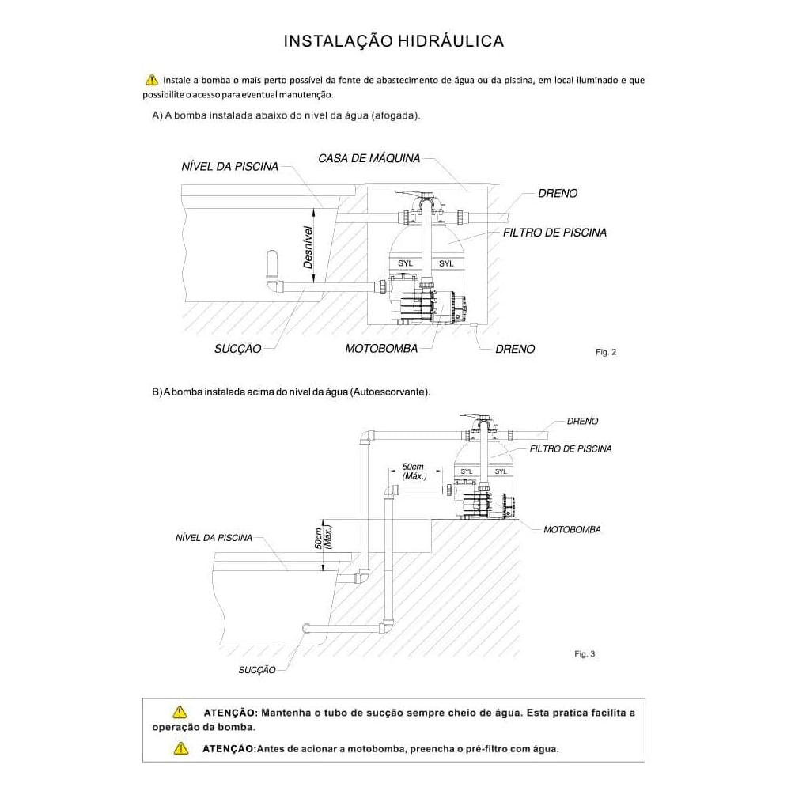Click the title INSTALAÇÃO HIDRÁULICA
point(394,41)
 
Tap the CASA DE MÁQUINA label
point(369,159)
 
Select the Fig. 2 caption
point(605,352)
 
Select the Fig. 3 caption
point(585,654)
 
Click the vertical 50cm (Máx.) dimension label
point(322,538)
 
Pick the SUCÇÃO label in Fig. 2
point(237,349)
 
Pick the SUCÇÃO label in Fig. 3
point(257,670)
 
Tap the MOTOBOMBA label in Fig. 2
point(381,349)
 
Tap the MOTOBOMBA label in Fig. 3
point(572,529)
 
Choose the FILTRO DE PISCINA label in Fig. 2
point(554,233)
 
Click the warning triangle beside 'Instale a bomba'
point(152,80)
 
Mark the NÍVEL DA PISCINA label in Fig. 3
point(214,538)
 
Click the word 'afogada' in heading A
point(392,115)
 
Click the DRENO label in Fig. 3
point(582,422)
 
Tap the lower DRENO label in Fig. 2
point(515,349)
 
